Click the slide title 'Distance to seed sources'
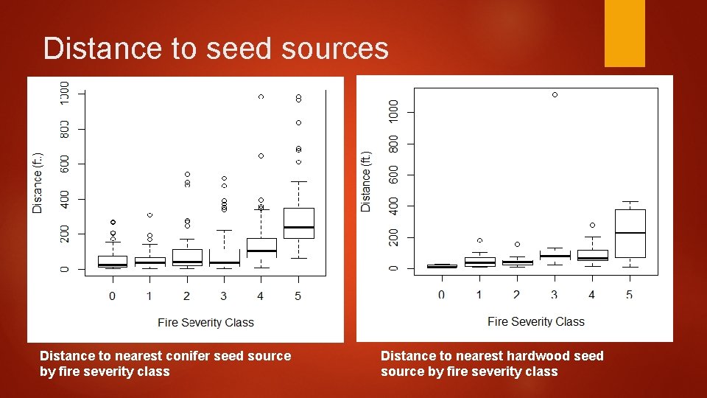[216, 49]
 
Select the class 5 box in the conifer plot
[298, 223]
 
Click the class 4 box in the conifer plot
[261, 247]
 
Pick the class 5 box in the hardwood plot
[630, 234]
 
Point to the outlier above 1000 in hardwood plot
[555, 95]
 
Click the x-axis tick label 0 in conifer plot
[112, 296]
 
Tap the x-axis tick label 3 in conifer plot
[223, 296]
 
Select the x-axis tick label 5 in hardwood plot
[629, 295]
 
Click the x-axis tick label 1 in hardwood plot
[479, 295]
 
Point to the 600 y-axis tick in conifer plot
[64, 163]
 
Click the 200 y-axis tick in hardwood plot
[393, 237]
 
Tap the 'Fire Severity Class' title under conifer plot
[205, 322]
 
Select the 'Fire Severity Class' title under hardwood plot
[535, 321]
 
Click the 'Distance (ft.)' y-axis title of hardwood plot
[367, 181]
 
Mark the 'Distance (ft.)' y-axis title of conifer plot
[38, 182]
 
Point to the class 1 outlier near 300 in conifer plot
[150, 214]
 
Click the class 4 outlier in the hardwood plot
[592, 225]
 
